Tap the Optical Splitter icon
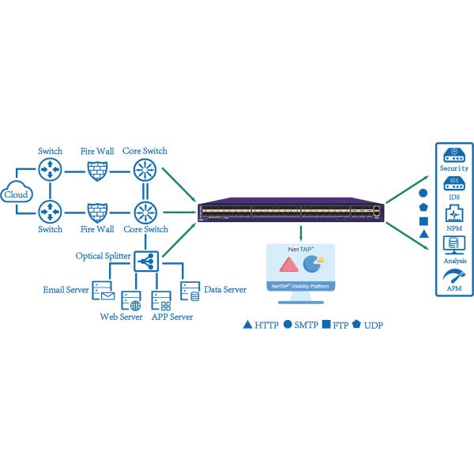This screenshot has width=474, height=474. point(146,259)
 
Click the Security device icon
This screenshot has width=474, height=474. point(453,153)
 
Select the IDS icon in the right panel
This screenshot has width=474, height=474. point(453,185)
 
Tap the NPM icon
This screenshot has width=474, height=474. point(453,214)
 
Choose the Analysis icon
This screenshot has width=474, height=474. point(453,244)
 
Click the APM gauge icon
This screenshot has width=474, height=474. point(453,276)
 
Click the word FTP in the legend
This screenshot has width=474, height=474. point(341,325)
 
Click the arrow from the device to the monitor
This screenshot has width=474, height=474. point(300,233)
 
